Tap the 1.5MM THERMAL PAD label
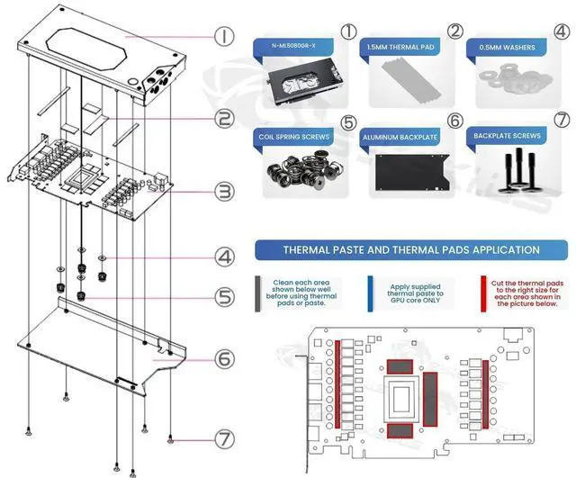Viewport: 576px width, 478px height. (402, 45)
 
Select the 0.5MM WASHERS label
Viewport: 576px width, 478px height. (507, 46)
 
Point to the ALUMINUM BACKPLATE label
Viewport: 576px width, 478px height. (402, 137)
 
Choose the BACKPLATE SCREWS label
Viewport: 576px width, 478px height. (508, 136)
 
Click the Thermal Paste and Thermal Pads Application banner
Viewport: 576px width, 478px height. (410, 249)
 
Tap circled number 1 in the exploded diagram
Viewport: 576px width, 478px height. (224, 37)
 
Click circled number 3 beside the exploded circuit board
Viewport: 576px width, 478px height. (225, 191)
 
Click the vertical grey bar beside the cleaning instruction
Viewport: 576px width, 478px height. (259, 293)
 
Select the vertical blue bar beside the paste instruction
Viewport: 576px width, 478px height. (371, 293)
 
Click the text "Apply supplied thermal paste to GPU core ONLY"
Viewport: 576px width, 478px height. (415, 293)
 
